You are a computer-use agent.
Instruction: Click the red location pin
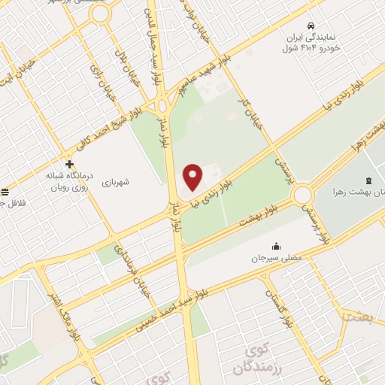[x=194, y=177]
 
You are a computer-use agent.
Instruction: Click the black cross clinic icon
[x=69, y=164]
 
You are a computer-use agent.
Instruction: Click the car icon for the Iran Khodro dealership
[x=312, y=23]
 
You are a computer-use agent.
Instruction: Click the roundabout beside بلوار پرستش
[x=303, y=195]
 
